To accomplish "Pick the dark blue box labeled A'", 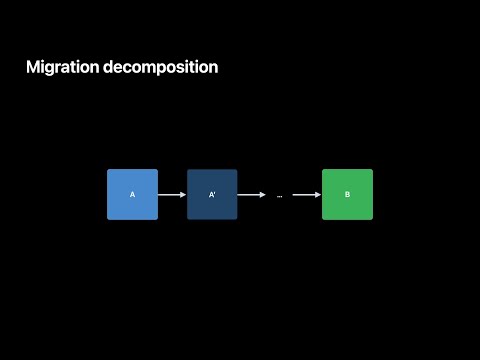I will click(x=212, y=194).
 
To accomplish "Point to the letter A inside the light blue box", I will click(x=132, y=195).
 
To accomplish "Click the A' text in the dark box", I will click(x=212, y=195).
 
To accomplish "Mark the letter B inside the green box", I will click(x=347, y=195).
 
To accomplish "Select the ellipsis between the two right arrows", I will click(x=279, y=196).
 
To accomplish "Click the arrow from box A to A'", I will click(x=171, y=195).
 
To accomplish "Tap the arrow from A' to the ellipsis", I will click(x=251, y=195).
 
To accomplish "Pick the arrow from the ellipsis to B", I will click(x=305, y=195).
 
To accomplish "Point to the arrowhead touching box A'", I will click(x=184, y=195).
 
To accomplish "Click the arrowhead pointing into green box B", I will click(x=319, y=195).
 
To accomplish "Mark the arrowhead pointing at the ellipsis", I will click(x=264, y=195).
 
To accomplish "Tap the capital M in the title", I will click(x=33, y=68).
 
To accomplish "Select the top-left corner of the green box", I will click(x=323, y=170).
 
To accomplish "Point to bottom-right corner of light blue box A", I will click(x=157, y=219).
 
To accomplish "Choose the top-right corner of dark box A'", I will click(x=236, y=170).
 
